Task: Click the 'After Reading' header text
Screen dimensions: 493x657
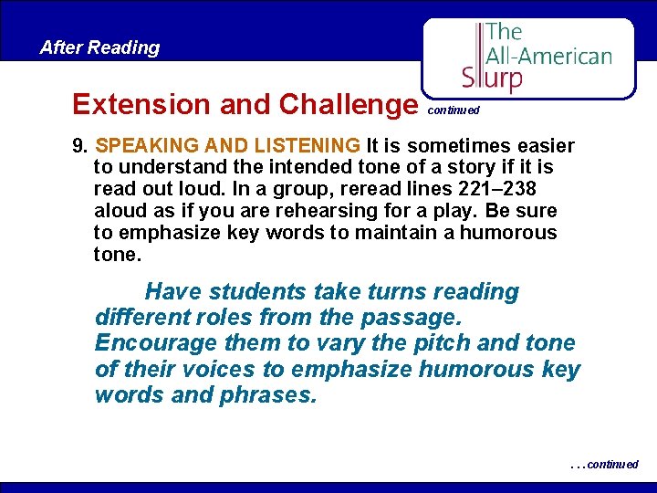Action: coord(99,47)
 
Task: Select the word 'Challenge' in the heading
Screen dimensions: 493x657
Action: coord(347,104)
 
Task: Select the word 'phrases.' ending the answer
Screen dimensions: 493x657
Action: coord(270,395)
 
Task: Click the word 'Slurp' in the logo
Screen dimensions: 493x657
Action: coord(493,77)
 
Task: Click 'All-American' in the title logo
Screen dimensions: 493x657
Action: coord(548,55)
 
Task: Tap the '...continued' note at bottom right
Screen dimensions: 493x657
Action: coord(604,465)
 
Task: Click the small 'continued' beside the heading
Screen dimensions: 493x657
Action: coord(453,110)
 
